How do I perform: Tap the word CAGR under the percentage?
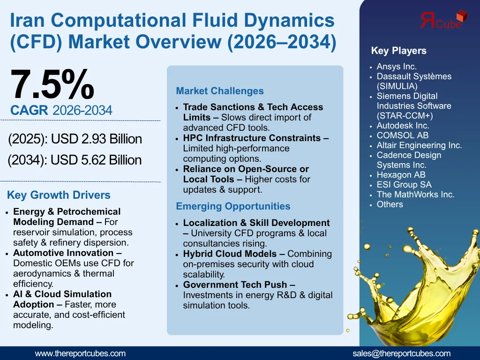click(29, 111)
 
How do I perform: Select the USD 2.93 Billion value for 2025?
click(96, 139)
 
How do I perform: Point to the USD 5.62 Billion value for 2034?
click(96, 160)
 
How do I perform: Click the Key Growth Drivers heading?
click(59, 195)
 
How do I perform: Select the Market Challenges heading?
click(220, 91)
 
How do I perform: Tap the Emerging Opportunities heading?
click(233, 206)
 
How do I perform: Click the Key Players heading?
click(398, 51)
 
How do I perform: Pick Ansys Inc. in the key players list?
click(397, 67)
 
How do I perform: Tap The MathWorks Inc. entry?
click(415, 195)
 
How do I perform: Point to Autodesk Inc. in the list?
click(403, 126)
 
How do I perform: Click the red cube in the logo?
click(462, 16)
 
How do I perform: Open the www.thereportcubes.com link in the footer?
click(80, 353)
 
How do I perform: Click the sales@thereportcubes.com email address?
click(401, 353)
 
